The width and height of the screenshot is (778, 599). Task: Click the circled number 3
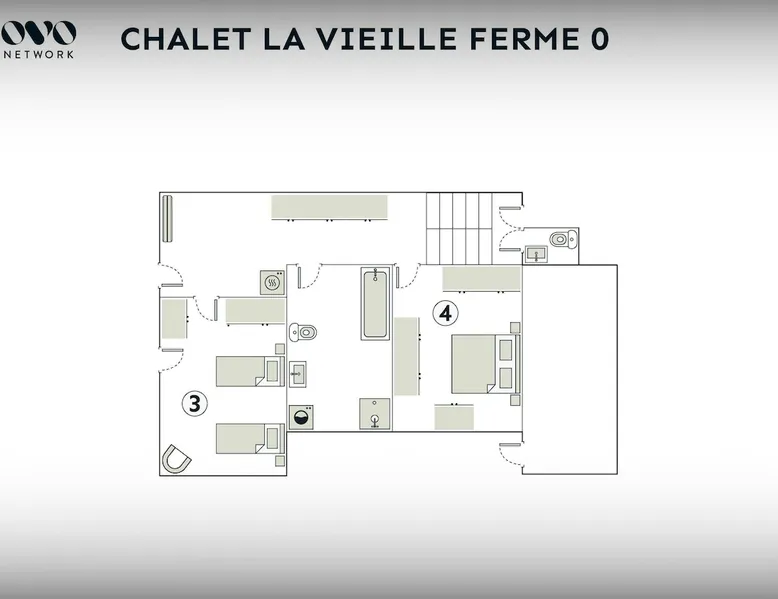(x=194, y=403)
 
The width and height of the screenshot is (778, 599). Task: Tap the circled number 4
(x=445, y=313)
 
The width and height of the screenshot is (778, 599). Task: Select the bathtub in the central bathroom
(x=375, y=304)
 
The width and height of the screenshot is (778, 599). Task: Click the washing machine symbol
(x=301, y=417)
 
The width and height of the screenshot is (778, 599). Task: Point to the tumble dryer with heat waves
(x=272, y=283)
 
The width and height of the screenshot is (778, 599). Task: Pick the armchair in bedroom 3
(x=176, y=459)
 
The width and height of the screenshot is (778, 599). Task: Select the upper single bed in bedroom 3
(x=250, y=371)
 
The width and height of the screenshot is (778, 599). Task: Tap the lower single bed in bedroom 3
(x=250, y=438)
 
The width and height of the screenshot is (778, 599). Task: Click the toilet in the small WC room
(x=564, y=239)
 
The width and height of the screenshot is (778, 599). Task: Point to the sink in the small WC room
(x=536, y=254)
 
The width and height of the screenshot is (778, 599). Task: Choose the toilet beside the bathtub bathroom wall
(x=303, y=332)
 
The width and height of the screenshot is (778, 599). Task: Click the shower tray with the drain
(x=375, y=413)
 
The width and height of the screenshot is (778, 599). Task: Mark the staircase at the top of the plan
(x=459, y=229)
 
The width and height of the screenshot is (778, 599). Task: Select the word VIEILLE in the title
(x=387, y=39)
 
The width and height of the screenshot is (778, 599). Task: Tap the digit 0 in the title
(x=599, y=39)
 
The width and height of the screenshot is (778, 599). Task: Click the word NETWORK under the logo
(x=39, y=55)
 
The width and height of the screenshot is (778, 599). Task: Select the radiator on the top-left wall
(x=167, y=218)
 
